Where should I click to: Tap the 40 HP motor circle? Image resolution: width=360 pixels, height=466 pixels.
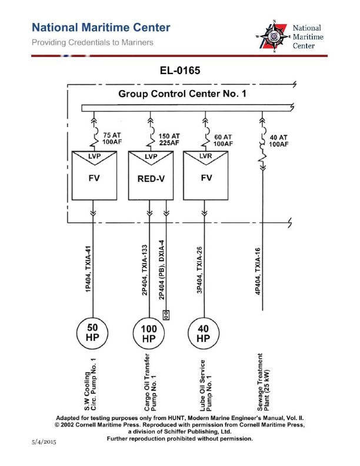(x=203, y=333)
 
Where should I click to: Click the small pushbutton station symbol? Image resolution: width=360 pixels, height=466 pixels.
(x=166, y=314)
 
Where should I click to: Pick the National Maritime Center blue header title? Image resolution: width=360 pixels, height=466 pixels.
(x=101, y=28)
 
